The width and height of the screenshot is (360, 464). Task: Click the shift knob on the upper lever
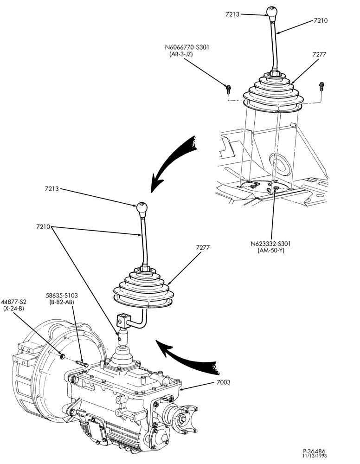271,12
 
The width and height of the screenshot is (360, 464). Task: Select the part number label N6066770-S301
187,47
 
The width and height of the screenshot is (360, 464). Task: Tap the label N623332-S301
270,244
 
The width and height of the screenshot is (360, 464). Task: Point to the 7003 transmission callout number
223,382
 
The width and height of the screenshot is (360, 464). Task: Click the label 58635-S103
62,295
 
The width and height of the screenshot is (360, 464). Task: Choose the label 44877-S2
13,302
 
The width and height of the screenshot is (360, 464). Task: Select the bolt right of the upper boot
321,86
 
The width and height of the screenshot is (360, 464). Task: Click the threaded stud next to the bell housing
82,363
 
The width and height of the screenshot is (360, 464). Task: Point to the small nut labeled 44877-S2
63,356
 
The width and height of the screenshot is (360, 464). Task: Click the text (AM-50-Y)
271,251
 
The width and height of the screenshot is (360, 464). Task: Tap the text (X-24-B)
13,309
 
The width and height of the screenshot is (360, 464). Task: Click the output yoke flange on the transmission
183,418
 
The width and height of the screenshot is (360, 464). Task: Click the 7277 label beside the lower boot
203,248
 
